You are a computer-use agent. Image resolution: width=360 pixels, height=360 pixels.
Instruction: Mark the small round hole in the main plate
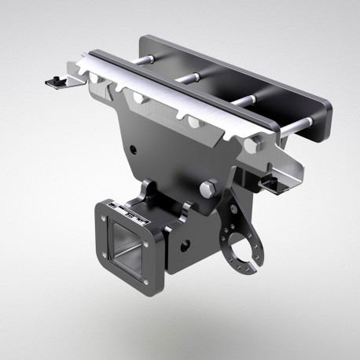(140, 146)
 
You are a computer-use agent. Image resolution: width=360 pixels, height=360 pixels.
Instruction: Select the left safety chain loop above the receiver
(147, 189)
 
